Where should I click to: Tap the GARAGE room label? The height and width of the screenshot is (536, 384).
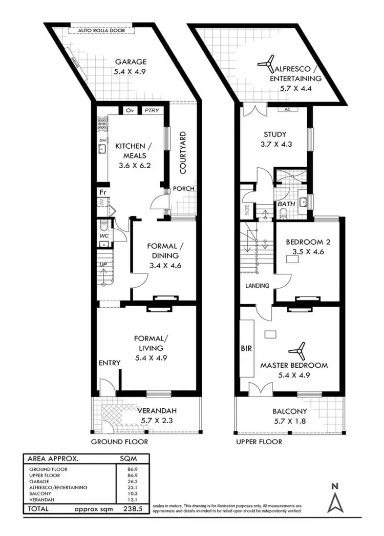coord(130,62)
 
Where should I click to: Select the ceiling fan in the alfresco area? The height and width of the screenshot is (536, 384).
coord(266,65)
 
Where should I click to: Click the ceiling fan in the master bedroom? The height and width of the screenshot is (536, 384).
coord(297,351)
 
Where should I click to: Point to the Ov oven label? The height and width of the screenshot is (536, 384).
coord(130,110)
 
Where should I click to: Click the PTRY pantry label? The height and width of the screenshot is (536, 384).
coord(151,110)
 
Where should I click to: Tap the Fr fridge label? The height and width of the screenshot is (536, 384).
coord(102,192)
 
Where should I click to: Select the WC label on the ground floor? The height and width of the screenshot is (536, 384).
coord(104,235)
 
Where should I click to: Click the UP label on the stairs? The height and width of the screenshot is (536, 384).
coord(103,265)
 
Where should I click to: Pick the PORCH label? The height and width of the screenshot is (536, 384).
coord(183,188)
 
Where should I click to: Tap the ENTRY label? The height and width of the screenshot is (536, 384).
coord(110,363)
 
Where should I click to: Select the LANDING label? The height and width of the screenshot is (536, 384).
coord(257,286)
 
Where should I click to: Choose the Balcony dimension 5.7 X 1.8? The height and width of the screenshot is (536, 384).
coord(289,420)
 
